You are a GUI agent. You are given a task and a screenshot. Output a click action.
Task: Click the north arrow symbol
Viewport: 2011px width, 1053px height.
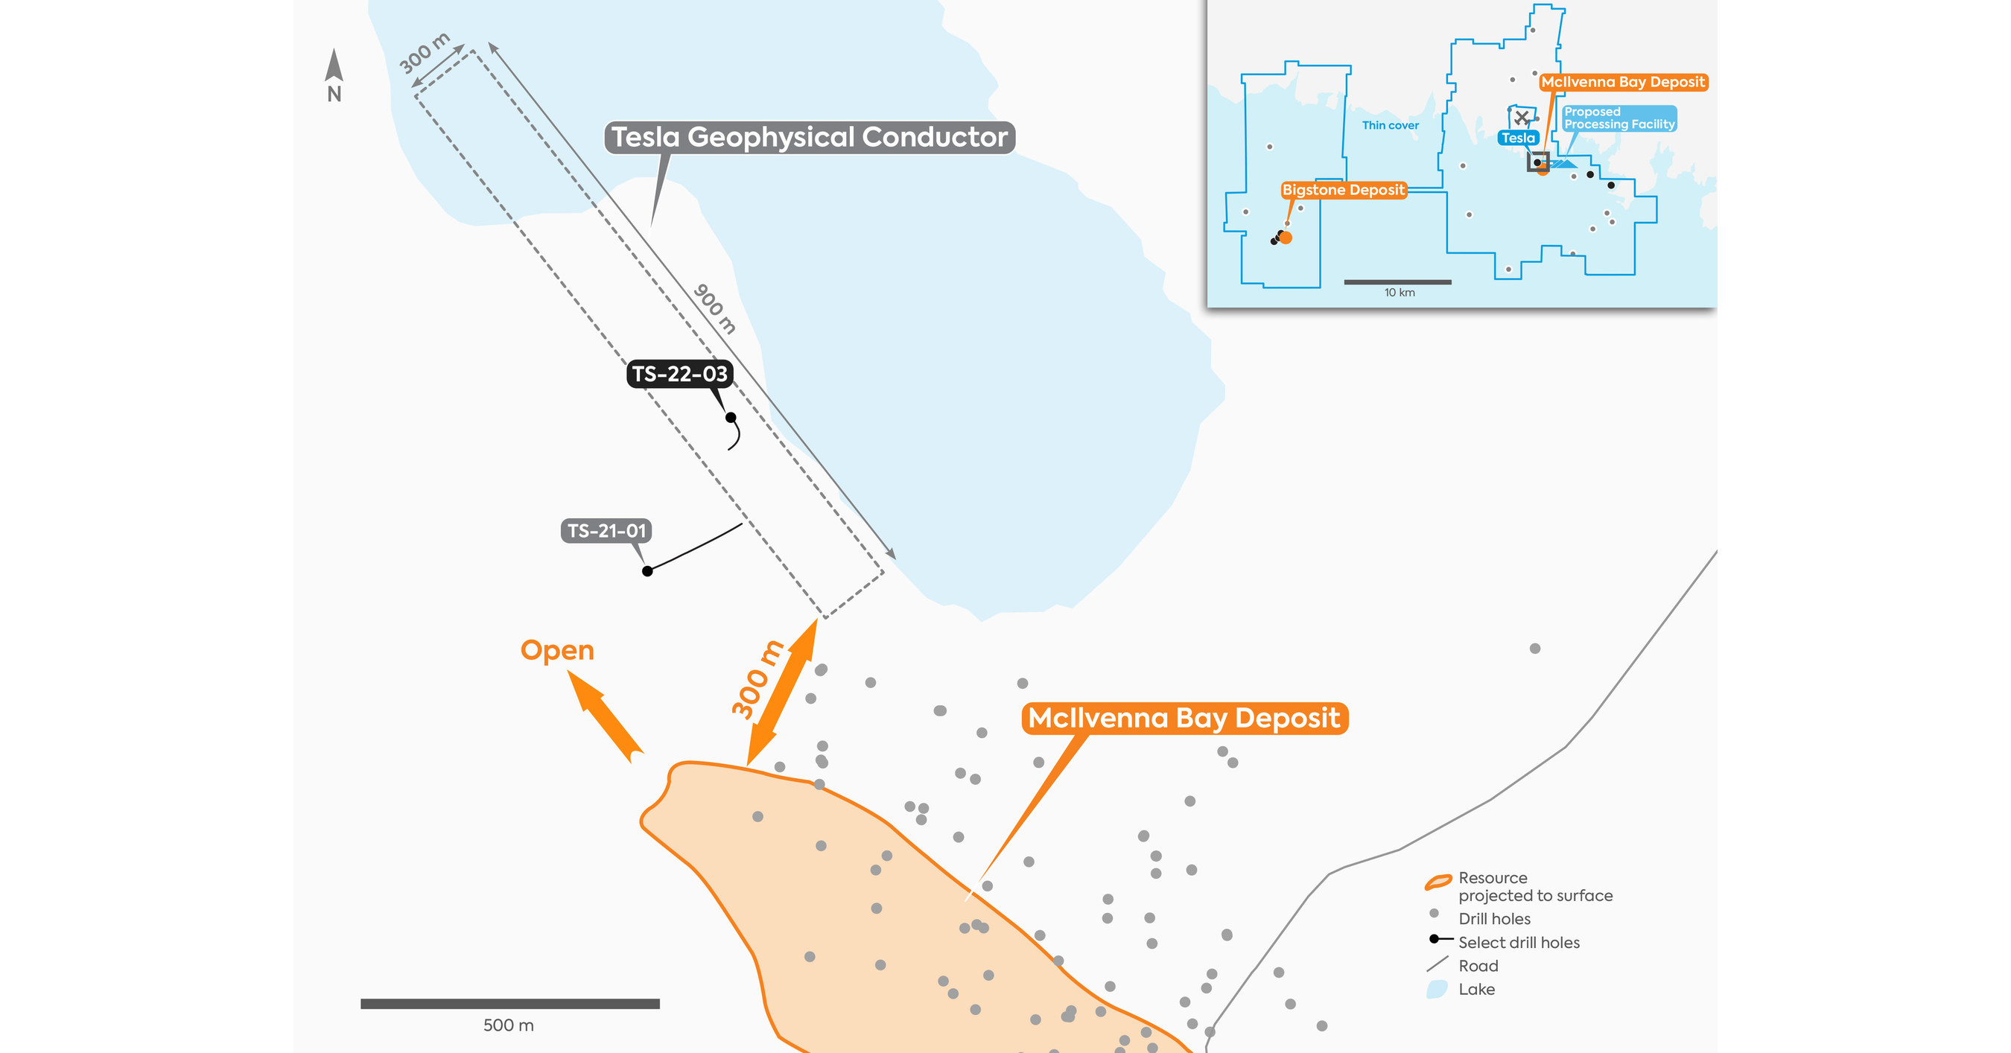[x=334, y=66]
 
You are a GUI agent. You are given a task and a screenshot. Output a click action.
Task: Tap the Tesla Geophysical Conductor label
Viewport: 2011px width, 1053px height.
[x=810, y=137]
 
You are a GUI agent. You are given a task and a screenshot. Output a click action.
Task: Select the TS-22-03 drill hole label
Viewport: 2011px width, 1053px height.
[x=679, y=374]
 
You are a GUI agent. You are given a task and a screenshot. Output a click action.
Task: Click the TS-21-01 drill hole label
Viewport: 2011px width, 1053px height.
[x=606, y=531]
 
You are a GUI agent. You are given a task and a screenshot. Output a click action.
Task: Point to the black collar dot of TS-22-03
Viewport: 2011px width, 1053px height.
[x=731, y=418]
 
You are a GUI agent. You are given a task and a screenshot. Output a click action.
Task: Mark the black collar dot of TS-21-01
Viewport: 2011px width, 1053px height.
[x=647, y=571]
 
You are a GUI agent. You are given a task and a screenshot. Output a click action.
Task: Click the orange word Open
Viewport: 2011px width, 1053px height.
[x=557, y=650]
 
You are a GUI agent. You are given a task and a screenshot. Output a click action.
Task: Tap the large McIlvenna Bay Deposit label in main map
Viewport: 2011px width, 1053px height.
[x=1184, y=718]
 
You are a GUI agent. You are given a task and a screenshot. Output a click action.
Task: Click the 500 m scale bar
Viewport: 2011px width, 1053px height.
[x=509, y=1004]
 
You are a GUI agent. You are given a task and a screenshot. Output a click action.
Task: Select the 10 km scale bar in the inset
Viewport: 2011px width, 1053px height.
[x=1397, y=281]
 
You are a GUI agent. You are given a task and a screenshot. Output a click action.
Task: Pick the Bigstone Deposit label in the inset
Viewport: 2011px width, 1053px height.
[x=1344, y=190]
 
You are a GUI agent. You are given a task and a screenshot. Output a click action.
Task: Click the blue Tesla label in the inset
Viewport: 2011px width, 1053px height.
[x=1519, y=139]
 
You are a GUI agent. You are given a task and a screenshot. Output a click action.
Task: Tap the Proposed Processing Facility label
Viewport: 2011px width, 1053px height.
[x=1619, y=118]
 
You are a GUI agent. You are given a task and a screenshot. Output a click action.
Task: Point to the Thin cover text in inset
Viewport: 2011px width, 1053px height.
[x=1391, y=125]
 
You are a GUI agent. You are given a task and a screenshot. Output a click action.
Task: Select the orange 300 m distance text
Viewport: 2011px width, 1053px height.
[x=757, y=678]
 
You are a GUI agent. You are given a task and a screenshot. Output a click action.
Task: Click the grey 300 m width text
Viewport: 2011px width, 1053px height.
[x=424, y=53]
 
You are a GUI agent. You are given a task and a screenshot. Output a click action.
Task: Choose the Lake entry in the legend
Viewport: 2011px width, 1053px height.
[x=1476, y=990]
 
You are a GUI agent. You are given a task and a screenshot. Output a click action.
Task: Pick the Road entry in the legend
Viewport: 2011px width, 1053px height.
[x=1478, y=967]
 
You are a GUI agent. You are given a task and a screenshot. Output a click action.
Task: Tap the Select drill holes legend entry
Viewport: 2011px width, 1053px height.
[x=1519, y=943]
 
